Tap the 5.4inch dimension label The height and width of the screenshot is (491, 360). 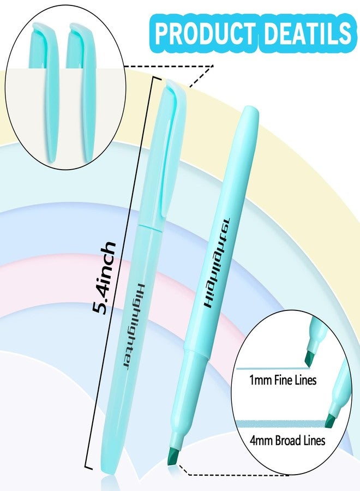(104, 278)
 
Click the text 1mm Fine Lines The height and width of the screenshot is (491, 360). (283, 380)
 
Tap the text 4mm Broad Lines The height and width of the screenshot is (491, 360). (287, 440)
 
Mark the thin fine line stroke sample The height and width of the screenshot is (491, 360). (271, 369)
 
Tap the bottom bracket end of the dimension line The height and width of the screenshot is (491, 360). (88, 467)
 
